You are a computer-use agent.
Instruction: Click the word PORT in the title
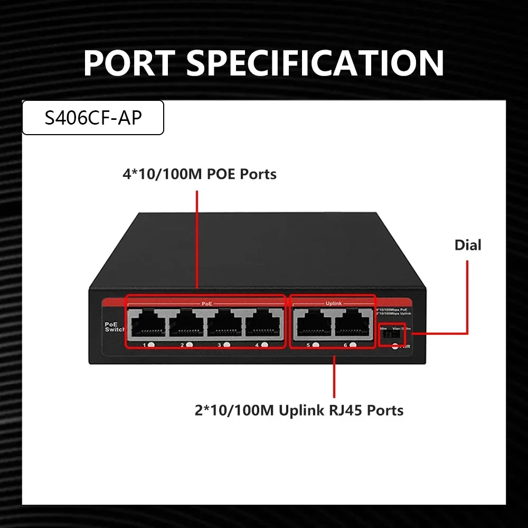coord(130,63)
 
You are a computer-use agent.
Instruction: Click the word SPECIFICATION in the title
coord(315,63)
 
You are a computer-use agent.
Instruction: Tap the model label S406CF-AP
coord(93,118)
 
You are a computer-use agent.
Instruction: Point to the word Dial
coord(468,245)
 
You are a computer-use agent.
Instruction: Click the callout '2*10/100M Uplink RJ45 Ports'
coord(299,410)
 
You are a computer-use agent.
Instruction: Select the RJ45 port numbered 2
coord(186,323)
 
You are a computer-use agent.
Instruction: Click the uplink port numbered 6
coord(353,323)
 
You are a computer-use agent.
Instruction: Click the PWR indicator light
coord(395,347)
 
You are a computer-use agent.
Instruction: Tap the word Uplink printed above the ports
coord(332,304)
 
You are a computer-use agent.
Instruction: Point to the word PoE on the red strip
coord(206,304)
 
